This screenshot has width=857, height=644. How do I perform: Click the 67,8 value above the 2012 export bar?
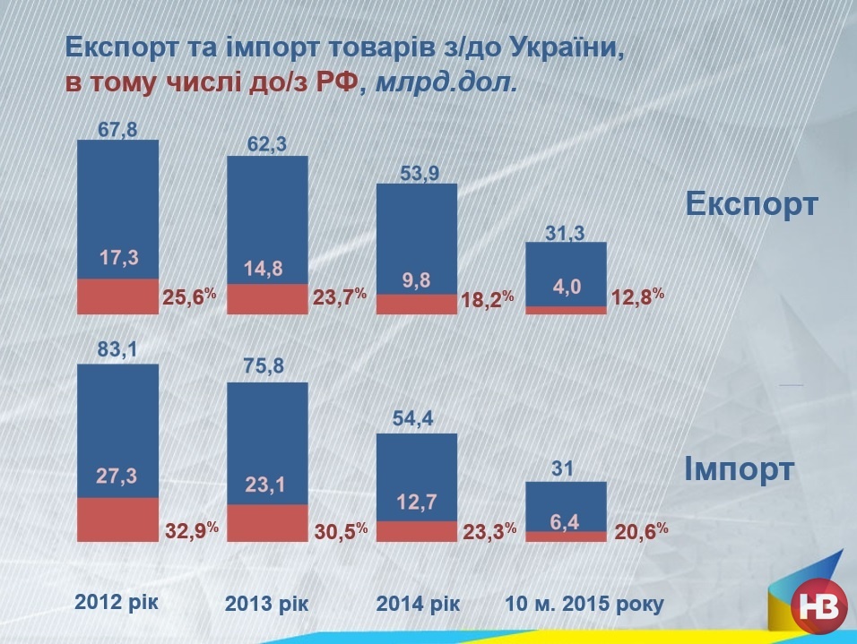[117, 130]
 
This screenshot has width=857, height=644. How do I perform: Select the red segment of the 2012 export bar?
[117, 296]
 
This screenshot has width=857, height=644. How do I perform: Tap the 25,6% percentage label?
[189, 296]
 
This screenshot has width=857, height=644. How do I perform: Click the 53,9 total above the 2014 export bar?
[419, 175]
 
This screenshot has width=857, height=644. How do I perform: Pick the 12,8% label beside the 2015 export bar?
[637, 296]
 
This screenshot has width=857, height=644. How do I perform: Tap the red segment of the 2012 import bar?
[117, 519]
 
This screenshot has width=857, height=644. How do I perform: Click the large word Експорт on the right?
[751, 203]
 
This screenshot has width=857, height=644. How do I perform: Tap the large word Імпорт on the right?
[740, 468]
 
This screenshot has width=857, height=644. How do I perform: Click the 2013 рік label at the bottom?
[267, 604]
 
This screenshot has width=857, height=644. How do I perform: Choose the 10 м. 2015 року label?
[584, 604]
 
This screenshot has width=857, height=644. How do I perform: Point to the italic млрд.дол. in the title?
[446, 83]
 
